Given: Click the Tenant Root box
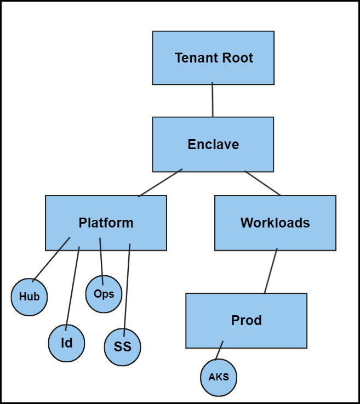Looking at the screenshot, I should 213,58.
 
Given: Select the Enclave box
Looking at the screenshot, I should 213,144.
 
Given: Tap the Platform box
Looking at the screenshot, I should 106,223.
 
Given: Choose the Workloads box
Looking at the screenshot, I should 275,223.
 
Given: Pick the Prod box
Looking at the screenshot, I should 246,321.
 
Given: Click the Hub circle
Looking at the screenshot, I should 30,297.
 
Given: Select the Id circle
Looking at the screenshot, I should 66,344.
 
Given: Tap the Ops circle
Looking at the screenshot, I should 104,294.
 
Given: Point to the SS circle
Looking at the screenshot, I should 123,348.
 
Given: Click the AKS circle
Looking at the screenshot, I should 219,378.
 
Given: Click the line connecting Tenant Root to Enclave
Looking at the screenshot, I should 213,100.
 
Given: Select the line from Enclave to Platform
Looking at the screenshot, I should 160,183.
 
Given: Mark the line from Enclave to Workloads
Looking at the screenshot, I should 262,183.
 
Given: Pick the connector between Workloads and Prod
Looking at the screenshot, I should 271,271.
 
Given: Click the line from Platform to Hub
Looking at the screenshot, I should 52,259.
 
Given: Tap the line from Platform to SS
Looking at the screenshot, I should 127,288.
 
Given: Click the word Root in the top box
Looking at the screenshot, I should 236,58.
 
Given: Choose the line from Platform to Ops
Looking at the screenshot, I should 101,260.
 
